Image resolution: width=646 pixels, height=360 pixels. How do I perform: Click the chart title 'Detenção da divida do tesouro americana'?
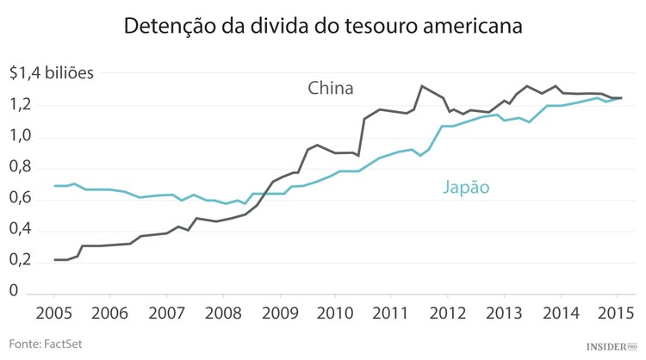322,26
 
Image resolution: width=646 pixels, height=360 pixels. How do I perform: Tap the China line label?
331,88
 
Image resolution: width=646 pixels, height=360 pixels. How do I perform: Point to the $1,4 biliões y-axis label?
52,74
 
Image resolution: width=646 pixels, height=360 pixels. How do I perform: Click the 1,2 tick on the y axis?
22,105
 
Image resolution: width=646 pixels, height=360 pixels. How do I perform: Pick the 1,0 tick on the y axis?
22,136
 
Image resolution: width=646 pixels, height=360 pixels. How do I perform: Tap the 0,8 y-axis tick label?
22,167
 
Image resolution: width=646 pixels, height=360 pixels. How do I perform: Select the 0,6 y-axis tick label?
22,199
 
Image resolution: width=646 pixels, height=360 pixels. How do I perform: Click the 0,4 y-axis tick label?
22,230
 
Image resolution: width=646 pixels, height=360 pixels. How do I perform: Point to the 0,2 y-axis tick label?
22,261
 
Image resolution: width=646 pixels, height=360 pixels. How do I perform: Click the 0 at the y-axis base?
15,292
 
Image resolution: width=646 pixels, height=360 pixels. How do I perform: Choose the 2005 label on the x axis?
53,312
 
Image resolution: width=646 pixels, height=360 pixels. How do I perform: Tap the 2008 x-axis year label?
222,312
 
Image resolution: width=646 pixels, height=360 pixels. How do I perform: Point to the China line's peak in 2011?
421,85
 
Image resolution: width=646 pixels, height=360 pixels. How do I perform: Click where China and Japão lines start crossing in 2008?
262,194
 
